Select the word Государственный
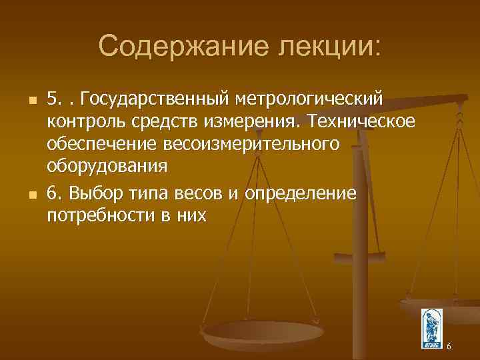pos(156,100)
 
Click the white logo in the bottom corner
pos(431,329)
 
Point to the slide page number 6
pos(449,346)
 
